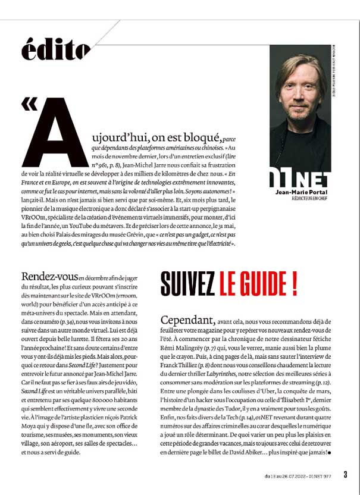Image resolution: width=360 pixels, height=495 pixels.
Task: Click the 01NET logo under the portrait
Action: pyautogui.click(x=300, y=179)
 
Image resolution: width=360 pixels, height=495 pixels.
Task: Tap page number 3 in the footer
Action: pyautogui.click(x=345, y=474)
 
